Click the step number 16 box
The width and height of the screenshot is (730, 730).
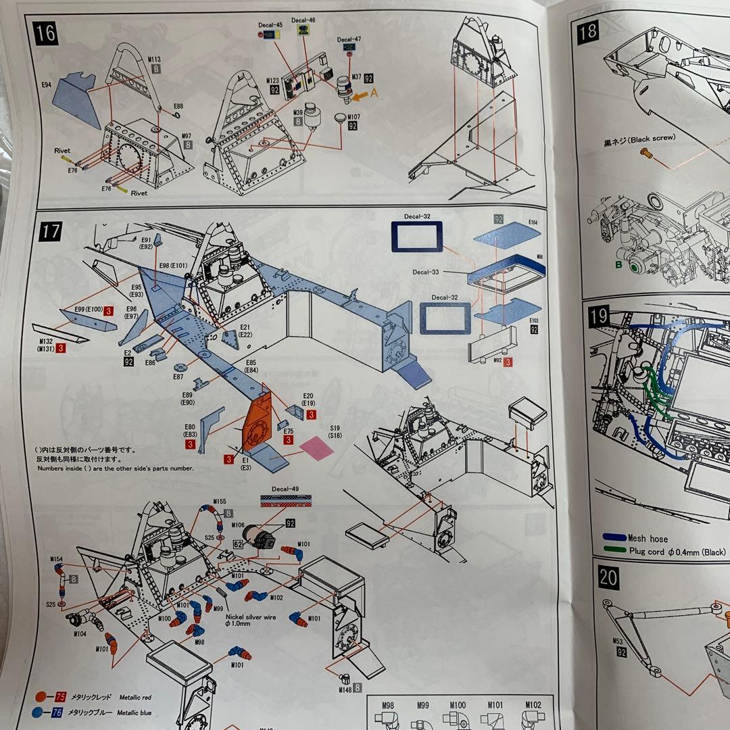click(x=46, y=33)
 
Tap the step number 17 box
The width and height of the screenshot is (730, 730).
click(x=51, y=231)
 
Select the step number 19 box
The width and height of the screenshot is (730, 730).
click(x=599, y=315)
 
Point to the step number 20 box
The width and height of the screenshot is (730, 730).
click(x=608, y=577)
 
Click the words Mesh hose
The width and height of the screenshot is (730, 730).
click(x=648, y=539)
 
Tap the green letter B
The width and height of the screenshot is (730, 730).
click(x=618, y=265)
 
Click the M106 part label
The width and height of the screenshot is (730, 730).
click(x=238, y=524)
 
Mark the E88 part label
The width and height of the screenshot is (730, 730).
click(x=178, y=107)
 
